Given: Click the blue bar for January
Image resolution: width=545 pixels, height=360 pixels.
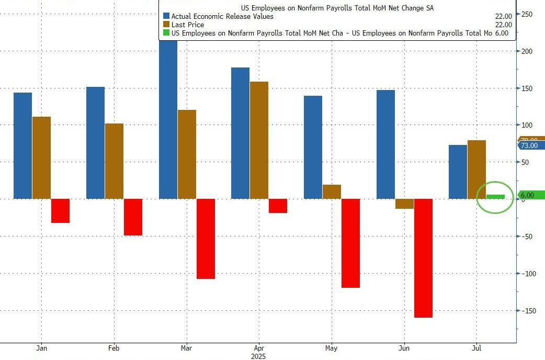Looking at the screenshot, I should pyautogui.click(x=22, y=145).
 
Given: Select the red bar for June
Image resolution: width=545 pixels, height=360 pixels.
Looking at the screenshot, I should pyautogui.click(x=423, y=258).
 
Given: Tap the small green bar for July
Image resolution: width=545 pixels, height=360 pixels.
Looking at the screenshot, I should pyautogui.click(x=496, y=197).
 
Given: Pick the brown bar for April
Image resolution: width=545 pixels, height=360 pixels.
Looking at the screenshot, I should pyautogui.click(x=259, y=140).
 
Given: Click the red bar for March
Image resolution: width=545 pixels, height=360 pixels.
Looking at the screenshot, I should pyautogui.click(x=206, y=239).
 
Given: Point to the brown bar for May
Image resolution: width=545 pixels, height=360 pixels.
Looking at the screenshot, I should pyautogui.click(x=332, y=192).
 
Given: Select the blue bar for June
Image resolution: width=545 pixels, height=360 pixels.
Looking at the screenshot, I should pyautogui.click(x=385, y=144).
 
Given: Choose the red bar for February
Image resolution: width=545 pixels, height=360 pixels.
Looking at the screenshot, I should pyautogui.click(x=133, y=217).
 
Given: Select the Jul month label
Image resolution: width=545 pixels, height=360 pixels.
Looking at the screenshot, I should pyautogui.click(x=476, y=347).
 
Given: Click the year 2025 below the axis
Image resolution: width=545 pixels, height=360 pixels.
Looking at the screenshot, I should pyautogui.click(x=258, y=356).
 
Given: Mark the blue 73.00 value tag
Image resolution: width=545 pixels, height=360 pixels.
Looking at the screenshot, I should pyautogui.click(x=530, y=145).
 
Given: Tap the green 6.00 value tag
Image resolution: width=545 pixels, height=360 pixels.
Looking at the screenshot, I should pyautogui.click(x=530, y=195).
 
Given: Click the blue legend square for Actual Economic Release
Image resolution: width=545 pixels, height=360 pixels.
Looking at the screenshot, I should pyautogui.click(x=166, y=16).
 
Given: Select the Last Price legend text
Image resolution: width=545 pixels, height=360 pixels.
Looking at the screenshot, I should pyautogui.click(x=188, y=25).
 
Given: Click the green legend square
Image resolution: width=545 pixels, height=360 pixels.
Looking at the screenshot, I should pyautogui.click(x=166, y=32).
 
